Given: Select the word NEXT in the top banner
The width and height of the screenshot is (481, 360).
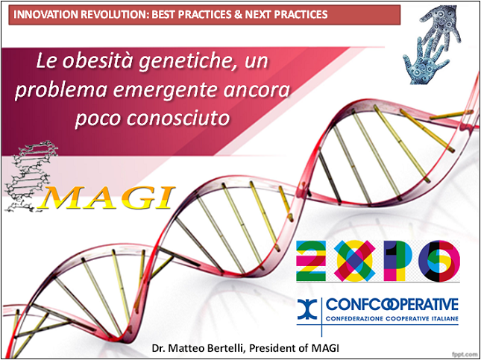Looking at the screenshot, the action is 259,14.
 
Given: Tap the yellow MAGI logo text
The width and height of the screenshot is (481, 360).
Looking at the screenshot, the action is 108,197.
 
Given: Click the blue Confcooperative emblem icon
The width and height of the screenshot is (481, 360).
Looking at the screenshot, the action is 307,311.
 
